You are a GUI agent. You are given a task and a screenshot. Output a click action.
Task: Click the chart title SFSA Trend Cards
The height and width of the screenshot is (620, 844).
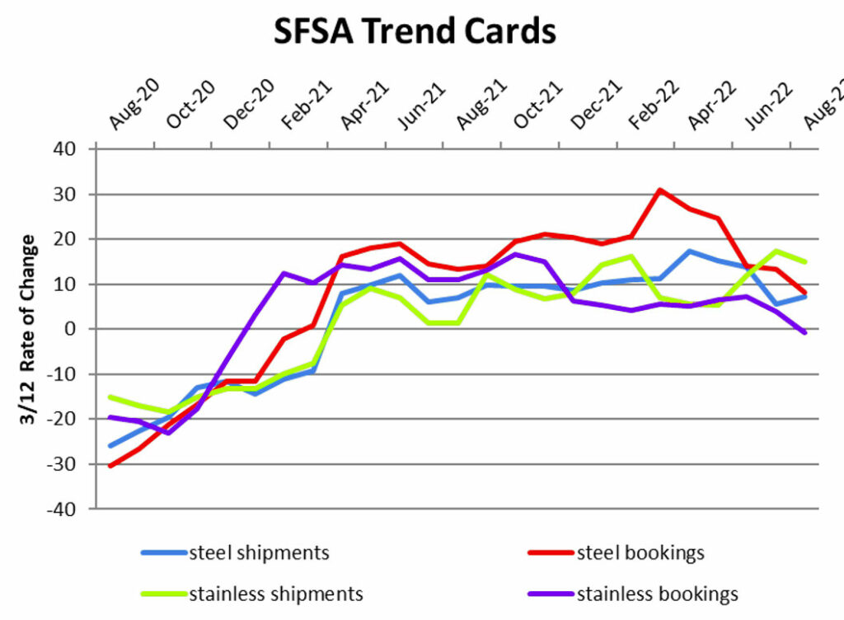click(415, 31)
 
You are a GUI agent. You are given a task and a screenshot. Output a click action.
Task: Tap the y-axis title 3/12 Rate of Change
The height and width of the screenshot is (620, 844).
click(27, 330)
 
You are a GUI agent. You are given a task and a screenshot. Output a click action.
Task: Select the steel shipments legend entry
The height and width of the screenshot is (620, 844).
click(235, 552)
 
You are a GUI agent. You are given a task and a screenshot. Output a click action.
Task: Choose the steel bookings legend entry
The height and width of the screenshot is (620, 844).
click(617, 552)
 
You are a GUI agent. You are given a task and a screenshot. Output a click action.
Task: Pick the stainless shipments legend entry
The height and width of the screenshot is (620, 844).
click(252, 594)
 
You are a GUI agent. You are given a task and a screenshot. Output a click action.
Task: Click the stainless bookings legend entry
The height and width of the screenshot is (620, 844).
click(633, 594)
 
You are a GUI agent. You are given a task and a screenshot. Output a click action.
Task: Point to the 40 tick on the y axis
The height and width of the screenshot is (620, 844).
click(64, 149)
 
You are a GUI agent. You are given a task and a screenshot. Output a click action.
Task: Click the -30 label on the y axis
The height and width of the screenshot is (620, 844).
click(61, 464)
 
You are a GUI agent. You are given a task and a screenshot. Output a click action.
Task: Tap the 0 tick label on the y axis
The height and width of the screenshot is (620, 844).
click(70, 329)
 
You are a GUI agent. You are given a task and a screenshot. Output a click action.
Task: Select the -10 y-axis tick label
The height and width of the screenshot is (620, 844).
click(61, 374)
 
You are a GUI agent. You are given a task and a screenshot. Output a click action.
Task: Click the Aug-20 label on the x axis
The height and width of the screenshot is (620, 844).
click(134, 104)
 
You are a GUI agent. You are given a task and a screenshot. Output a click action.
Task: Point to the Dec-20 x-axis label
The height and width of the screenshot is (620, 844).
click(249, 105)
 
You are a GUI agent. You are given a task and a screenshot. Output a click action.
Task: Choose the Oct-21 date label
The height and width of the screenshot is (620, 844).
click(537, 105)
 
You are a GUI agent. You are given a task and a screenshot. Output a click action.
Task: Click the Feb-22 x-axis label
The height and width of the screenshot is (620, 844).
click(654, 105)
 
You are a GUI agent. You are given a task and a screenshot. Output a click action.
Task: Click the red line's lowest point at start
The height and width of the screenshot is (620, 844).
click(110, 466)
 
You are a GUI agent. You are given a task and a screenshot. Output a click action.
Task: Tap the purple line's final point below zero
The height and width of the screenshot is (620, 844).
click(804, 332)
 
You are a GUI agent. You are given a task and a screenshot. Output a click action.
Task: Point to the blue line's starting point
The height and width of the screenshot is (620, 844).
click(110, 445)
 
